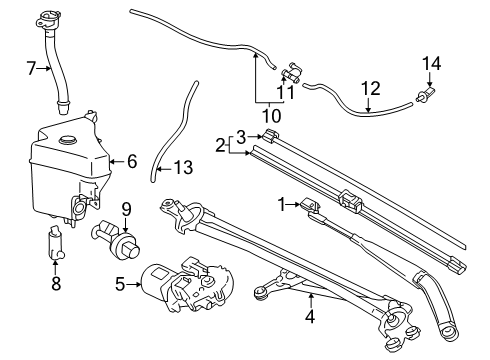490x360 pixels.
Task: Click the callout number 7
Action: (x=31, y=69)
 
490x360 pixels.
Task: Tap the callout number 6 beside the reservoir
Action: (x=131, y=160)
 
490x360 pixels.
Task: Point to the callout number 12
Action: (x=372, y=88)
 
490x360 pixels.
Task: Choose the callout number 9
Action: (x=126, y=208)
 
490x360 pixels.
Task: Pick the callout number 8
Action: (x=55, y=284)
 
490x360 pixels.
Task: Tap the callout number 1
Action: (x=284, y=204)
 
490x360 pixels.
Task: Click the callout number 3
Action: (x=240, y=136)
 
